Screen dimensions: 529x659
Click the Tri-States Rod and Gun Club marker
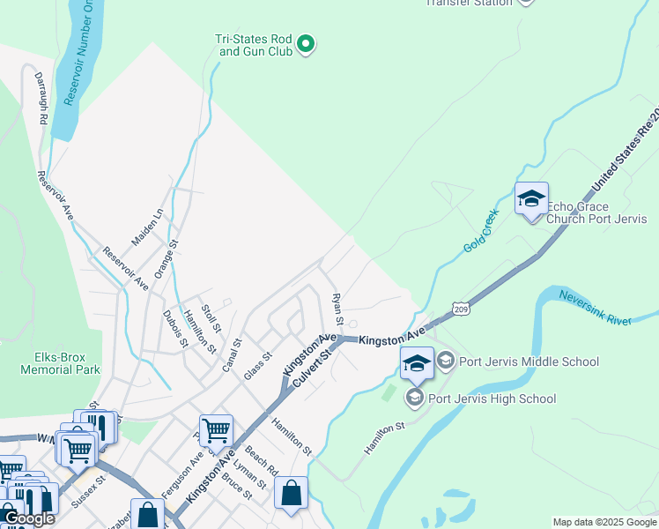(x=306, y=43)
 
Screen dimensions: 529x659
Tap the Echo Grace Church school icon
(x=531, y=200)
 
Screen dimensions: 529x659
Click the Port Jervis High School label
(x=492, y=399)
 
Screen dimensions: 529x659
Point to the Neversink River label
(x=596, y=308)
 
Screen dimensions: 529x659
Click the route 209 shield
(x=461, y=308)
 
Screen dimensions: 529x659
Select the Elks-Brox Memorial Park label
(x=60, y=364)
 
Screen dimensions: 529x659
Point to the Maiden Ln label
(x=147, y=227)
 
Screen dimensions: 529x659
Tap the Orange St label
(x=167, y=260)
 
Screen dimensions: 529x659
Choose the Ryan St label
(x=336, y=308)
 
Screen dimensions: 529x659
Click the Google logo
(x=28, y=518)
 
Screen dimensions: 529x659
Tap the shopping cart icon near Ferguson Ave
(x=215, y=431)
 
